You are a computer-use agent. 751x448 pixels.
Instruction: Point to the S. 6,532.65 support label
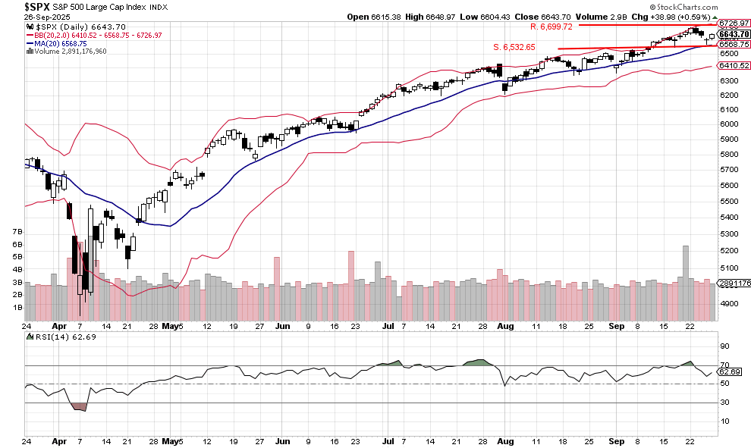tap(514, 47)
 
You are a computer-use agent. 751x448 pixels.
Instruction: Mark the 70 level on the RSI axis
tap(724, 365)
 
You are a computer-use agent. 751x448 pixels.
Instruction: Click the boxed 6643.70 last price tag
tap(734, 34)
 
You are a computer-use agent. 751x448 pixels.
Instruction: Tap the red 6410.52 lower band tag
tap(734, 66)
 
